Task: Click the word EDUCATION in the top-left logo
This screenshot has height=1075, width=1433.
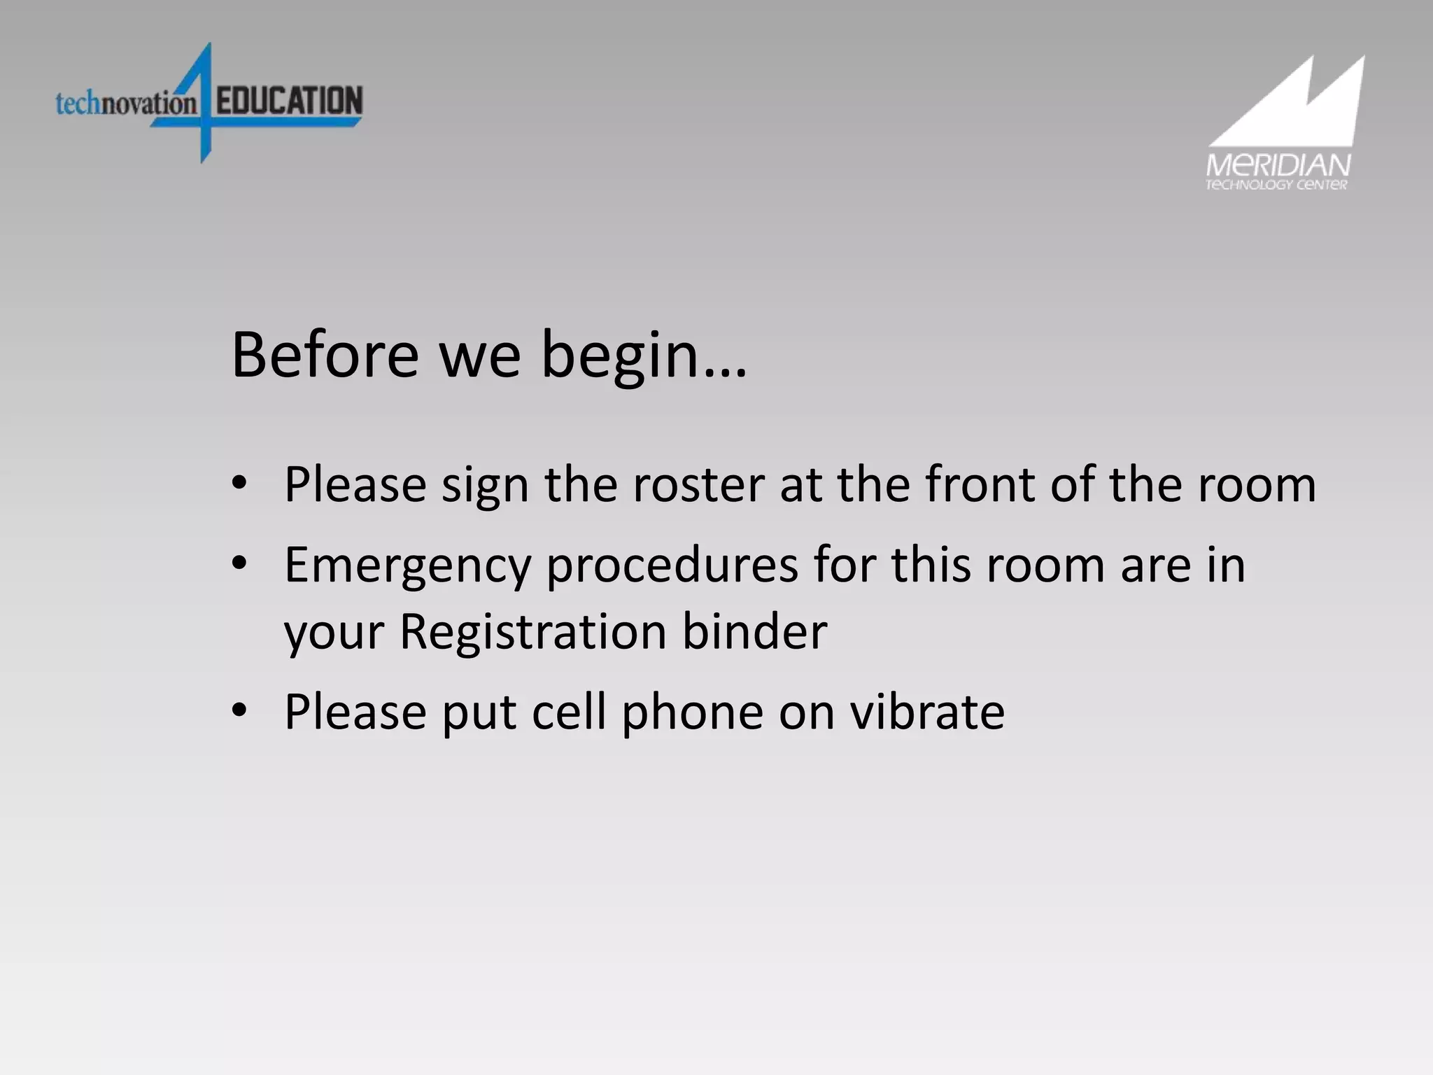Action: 289,101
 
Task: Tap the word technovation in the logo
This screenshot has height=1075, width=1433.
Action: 126,104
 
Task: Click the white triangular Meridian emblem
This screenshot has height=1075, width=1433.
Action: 1294,105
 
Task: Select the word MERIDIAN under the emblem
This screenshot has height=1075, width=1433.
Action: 1278,166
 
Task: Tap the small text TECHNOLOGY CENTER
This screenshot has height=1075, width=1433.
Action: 1276,185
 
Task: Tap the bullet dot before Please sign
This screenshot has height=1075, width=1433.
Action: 239,482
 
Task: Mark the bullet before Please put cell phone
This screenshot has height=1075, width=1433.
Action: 239,710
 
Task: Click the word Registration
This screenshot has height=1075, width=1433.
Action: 532,633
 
